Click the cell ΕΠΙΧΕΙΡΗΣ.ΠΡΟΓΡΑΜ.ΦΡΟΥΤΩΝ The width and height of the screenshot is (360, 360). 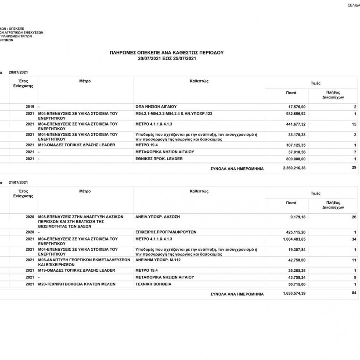point(166,232)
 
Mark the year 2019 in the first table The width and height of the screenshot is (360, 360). point(30,107)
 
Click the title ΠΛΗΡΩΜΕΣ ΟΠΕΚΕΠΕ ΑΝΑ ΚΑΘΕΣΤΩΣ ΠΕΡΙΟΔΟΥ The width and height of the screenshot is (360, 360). point(166,52)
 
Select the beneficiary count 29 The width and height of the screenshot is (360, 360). point(354,168)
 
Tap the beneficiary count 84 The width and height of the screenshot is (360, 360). point(354,293)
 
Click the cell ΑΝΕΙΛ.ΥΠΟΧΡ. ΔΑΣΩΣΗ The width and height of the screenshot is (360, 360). point(158,217)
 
